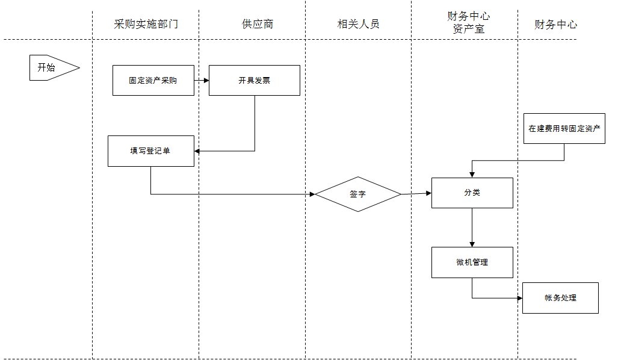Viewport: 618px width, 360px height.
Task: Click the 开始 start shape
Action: point(51,67)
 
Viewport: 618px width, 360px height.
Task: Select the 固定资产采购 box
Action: point(153,80)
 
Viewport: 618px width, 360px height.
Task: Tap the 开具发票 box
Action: point(254,80)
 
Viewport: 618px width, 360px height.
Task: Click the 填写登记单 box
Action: point(150,151)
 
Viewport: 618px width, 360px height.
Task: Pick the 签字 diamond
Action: point(358,194)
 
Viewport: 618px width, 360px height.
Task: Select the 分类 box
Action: point(472,193)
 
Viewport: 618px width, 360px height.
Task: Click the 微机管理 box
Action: point(472,262)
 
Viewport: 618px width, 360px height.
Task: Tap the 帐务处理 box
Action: point(560,297)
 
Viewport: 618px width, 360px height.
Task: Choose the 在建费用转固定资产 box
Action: point(564,128)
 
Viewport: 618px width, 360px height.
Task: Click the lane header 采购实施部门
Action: point(146,24)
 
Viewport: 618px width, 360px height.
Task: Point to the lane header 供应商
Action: point(258,24)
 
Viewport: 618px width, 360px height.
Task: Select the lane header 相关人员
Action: point(358,24)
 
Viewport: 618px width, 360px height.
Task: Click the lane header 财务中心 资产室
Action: point(468,22)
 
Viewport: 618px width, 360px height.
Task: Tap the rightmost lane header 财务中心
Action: point(555,25)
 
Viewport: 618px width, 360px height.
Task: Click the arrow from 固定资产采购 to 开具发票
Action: point(202,80)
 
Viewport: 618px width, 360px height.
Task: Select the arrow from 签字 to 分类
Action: point(416,193)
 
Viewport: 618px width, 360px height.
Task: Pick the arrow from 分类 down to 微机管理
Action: point(472,228)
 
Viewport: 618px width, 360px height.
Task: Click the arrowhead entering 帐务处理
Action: point(519,297)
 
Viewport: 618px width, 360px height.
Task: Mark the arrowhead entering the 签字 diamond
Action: point(312,194)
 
